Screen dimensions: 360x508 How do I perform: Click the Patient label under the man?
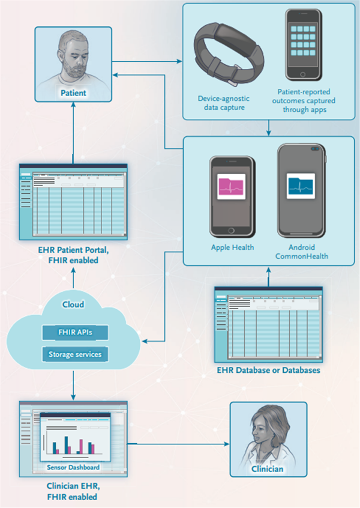click(x=73, y=93)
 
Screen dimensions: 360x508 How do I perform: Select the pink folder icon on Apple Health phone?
click(x=231, y=186)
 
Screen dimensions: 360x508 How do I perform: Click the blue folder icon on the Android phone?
click(x=301, y=186)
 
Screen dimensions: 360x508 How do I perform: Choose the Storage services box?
click(x=75, y=354)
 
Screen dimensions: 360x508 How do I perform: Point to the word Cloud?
click(x=73, y=304)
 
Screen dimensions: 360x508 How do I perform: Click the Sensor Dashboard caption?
click(x=73, y=467)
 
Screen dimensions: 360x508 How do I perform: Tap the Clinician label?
click(x=268, y=469)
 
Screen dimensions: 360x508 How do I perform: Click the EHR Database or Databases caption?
click(x=268, y=370)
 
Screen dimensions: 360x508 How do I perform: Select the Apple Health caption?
click(x=232, y=247)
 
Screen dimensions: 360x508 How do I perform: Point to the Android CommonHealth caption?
click(x=302, y=252)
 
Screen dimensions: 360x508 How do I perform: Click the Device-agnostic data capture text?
click(x=224, y=103)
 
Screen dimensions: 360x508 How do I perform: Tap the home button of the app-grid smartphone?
click(x=302, y=74)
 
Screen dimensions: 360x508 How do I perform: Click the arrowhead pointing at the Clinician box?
click(x=227, y=444)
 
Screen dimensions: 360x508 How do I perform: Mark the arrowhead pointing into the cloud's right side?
click(x=145, y=341)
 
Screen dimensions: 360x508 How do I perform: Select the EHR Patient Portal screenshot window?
click(x=73, y=202)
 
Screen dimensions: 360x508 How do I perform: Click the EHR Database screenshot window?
click(x=268, y=324)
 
